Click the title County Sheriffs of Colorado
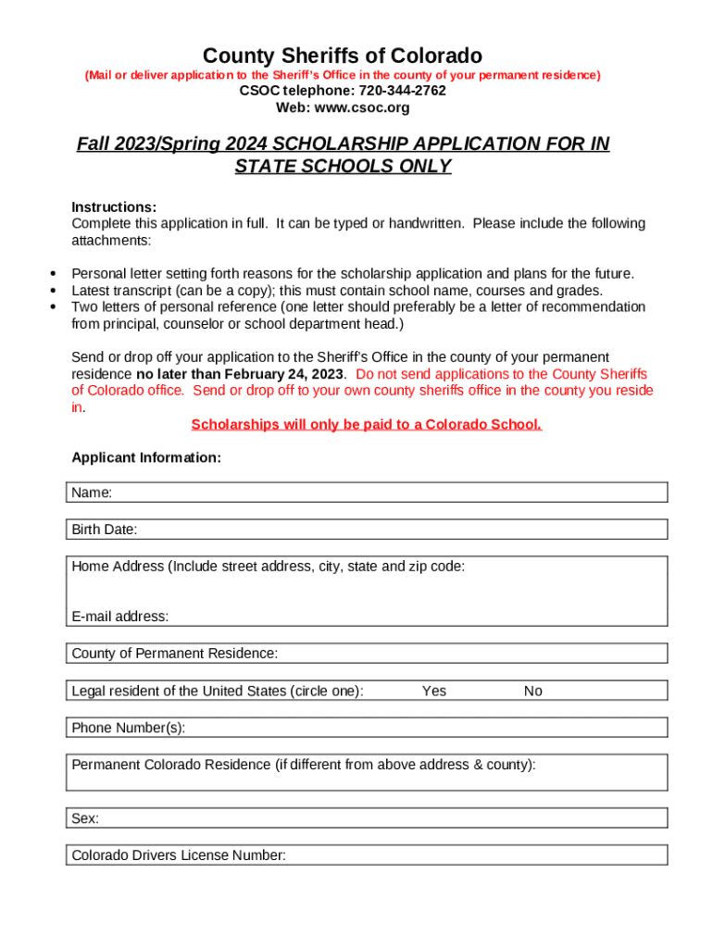343,56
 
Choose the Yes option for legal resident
433,691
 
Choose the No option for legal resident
532,691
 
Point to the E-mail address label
120,617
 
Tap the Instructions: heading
114,206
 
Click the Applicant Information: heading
146,457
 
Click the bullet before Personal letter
53,274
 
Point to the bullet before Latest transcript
53,291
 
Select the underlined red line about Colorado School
366,424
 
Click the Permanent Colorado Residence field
367,773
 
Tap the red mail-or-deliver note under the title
343,74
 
